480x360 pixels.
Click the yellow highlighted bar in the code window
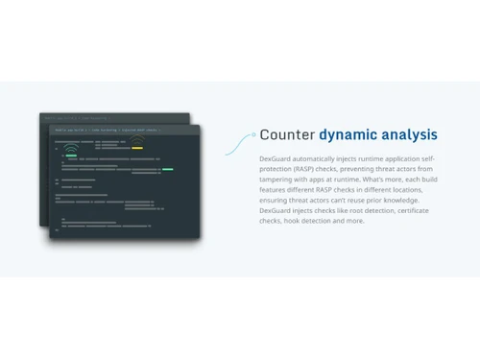pyautogui.click(x=137, y=149)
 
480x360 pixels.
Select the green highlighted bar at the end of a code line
pyautogui.click(x=167, y=169)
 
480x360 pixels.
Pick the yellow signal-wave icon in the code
pyautogui.click(x=137, y=139)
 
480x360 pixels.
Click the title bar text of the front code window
pyautogui.click(x=108, y=128)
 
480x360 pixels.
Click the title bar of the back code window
pyautogui.click(x=77, y=116)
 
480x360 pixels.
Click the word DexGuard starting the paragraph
pyautogui.click(x=277, y=157)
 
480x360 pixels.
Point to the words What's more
pyautogui.click(x=384, y=179)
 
